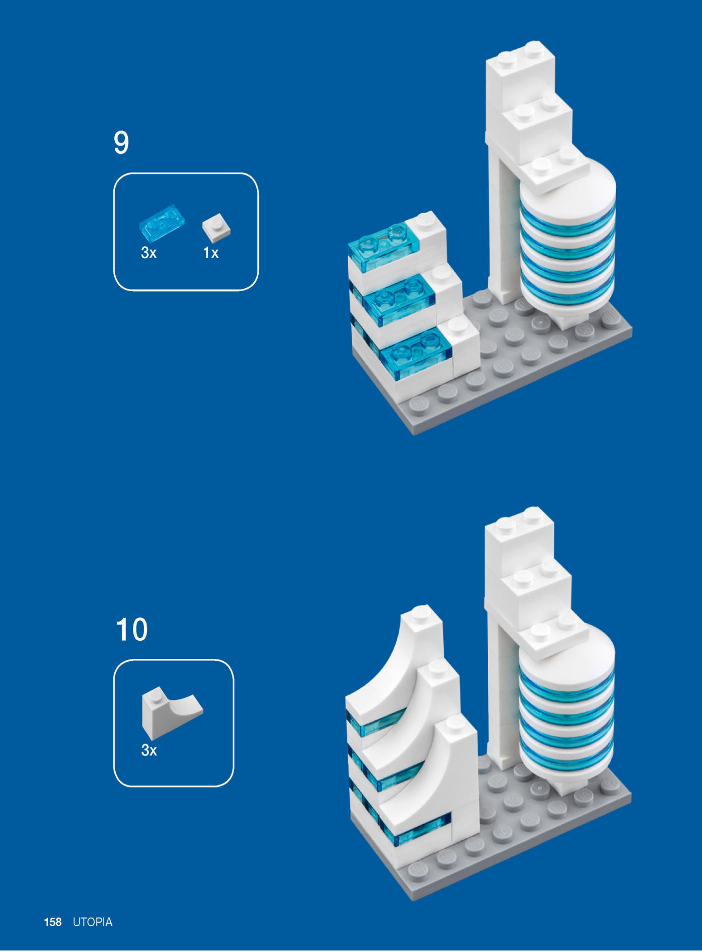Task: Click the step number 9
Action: (x=121, y=142)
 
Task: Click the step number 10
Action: (x=131, y=629)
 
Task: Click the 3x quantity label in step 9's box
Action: (x=149, y=253)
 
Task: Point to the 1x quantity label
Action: (x=211, y=253)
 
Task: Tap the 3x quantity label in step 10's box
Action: (x=149, y=750)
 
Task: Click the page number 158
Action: (x=53, y=922)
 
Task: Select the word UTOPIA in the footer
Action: (x=92, y=922)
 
